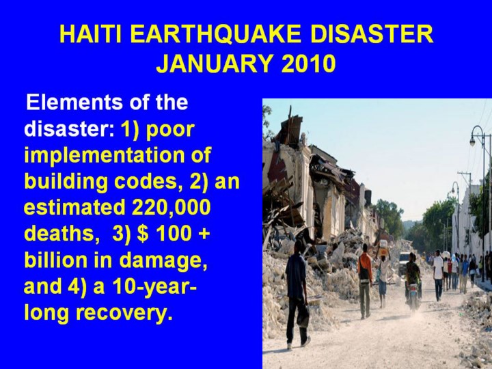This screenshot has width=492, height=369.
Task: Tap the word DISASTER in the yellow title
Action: [372, 34]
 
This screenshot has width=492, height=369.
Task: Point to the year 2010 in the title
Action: [308, 64]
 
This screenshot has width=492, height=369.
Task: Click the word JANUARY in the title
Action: [214, 64]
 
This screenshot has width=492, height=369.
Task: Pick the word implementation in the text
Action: [118, 156]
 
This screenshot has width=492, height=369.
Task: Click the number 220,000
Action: [171, 208]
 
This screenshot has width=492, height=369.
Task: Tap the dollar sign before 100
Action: [143, 234]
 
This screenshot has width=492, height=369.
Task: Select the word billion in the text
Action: [55, 260]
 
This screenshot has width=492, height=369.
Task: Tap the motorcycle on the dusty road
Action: [413, 295]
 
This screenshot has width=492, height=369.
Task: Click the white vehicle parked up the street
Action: [404, 263]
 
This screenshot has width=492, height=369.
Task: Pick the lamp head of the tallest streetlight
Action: [473, 142]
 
